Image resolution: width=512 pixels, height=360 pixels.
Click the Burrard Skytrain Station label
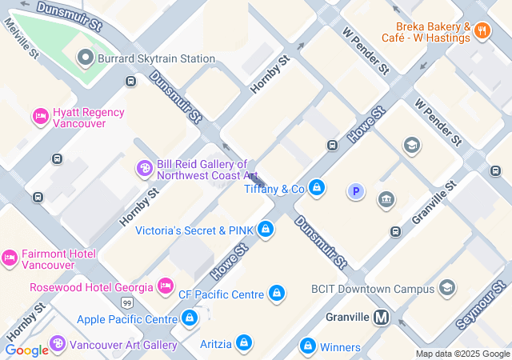[156, 58]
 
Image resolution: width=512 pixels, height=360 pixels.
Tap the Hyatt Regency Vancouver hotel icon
[40, 118]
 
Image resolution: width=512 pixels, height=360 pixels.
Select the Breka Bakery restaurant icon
[482, 31]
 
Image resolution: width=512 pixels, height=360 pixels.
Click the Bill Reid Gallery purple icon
[145, 169]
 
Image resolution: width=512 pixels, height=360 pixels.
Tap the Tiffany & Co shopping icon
[318, 189]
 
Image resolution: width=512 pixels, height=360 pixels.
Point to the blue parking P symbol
[355, 191]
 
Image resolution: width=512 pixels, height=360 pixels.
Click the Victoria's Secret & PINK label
[194, 230]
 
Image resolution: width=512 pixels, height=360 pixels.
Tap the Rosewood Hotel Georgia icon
[166, 286]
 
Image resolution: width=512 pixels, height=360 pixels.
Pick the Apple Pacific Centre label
[126, 319]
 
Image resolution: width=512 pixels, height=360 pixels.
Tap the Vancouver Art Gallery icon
[57, 345]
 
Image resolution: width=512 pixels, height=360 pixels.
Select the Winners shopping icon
[307, 346]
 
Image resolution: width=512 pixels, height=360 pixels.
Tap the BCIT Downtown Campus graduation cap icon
[446, 287]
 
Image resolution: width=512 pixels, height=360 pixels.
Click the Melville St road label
[22, 40]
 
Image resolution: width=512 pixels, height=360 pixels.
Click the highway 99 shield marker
[128, 303]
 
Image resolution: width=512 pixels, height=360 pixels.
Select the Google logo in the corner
[26, 350]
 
